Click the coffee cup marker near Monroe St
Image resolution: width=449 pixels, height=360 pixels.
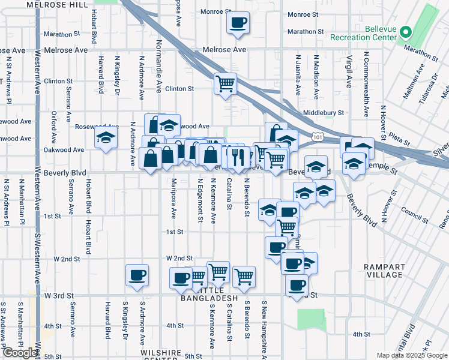click(x=238, y=23)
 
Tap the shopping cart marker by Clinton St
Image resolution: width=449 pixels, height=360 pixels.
click(x=225, y=83)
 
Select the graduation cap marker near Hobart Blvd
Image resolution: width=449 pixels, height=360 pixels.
click(x=106, y=139)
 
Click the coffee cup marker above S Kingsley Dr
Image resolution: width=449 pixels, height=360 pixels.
click(x=137, y=275)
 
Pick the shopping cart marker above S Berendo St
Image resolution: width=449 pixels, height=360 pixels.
click(x=244, y=277)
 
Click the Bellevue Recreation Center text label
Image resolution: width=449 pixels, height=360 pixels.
click(x=364, y=33)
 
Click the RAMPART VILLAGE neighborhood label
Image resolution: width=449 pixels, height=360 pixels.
click(x=384, y=270)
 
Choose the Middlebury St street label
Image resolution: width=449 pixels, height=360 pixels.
click(x=324, y=112)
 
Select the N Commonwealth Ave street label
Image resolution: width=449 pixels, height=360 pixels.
click(x=366, y=84)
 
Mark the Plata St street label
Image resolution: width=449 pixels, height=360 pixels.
click(x=399, y=139)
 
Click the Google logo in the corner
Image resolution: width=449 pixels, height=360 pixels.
click(x=20, y=353)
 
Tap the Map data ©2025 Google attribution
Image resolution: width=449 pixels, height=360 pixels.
click(x=411, y=355)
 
